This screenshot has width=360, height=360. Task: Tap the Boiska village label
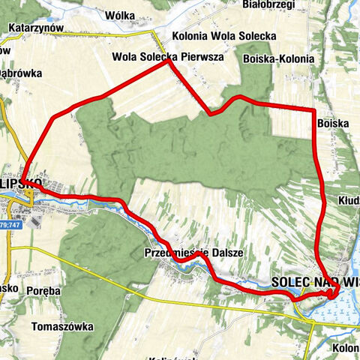point(333,122)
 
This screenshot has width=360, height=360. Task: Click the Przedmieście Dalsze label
point(193,253)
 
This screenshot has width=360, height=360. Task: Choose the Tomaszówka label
point(62,327)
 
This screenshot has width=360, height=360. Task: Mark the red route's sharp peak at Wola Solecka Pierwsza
point(168,62)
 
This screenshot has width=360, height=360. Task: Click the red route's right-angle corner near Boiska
point(313,111)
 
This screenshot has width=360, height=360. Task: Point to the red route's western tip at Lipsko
point(24,178)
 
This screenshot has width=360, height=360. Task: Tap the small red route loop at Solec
point(332,290)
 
